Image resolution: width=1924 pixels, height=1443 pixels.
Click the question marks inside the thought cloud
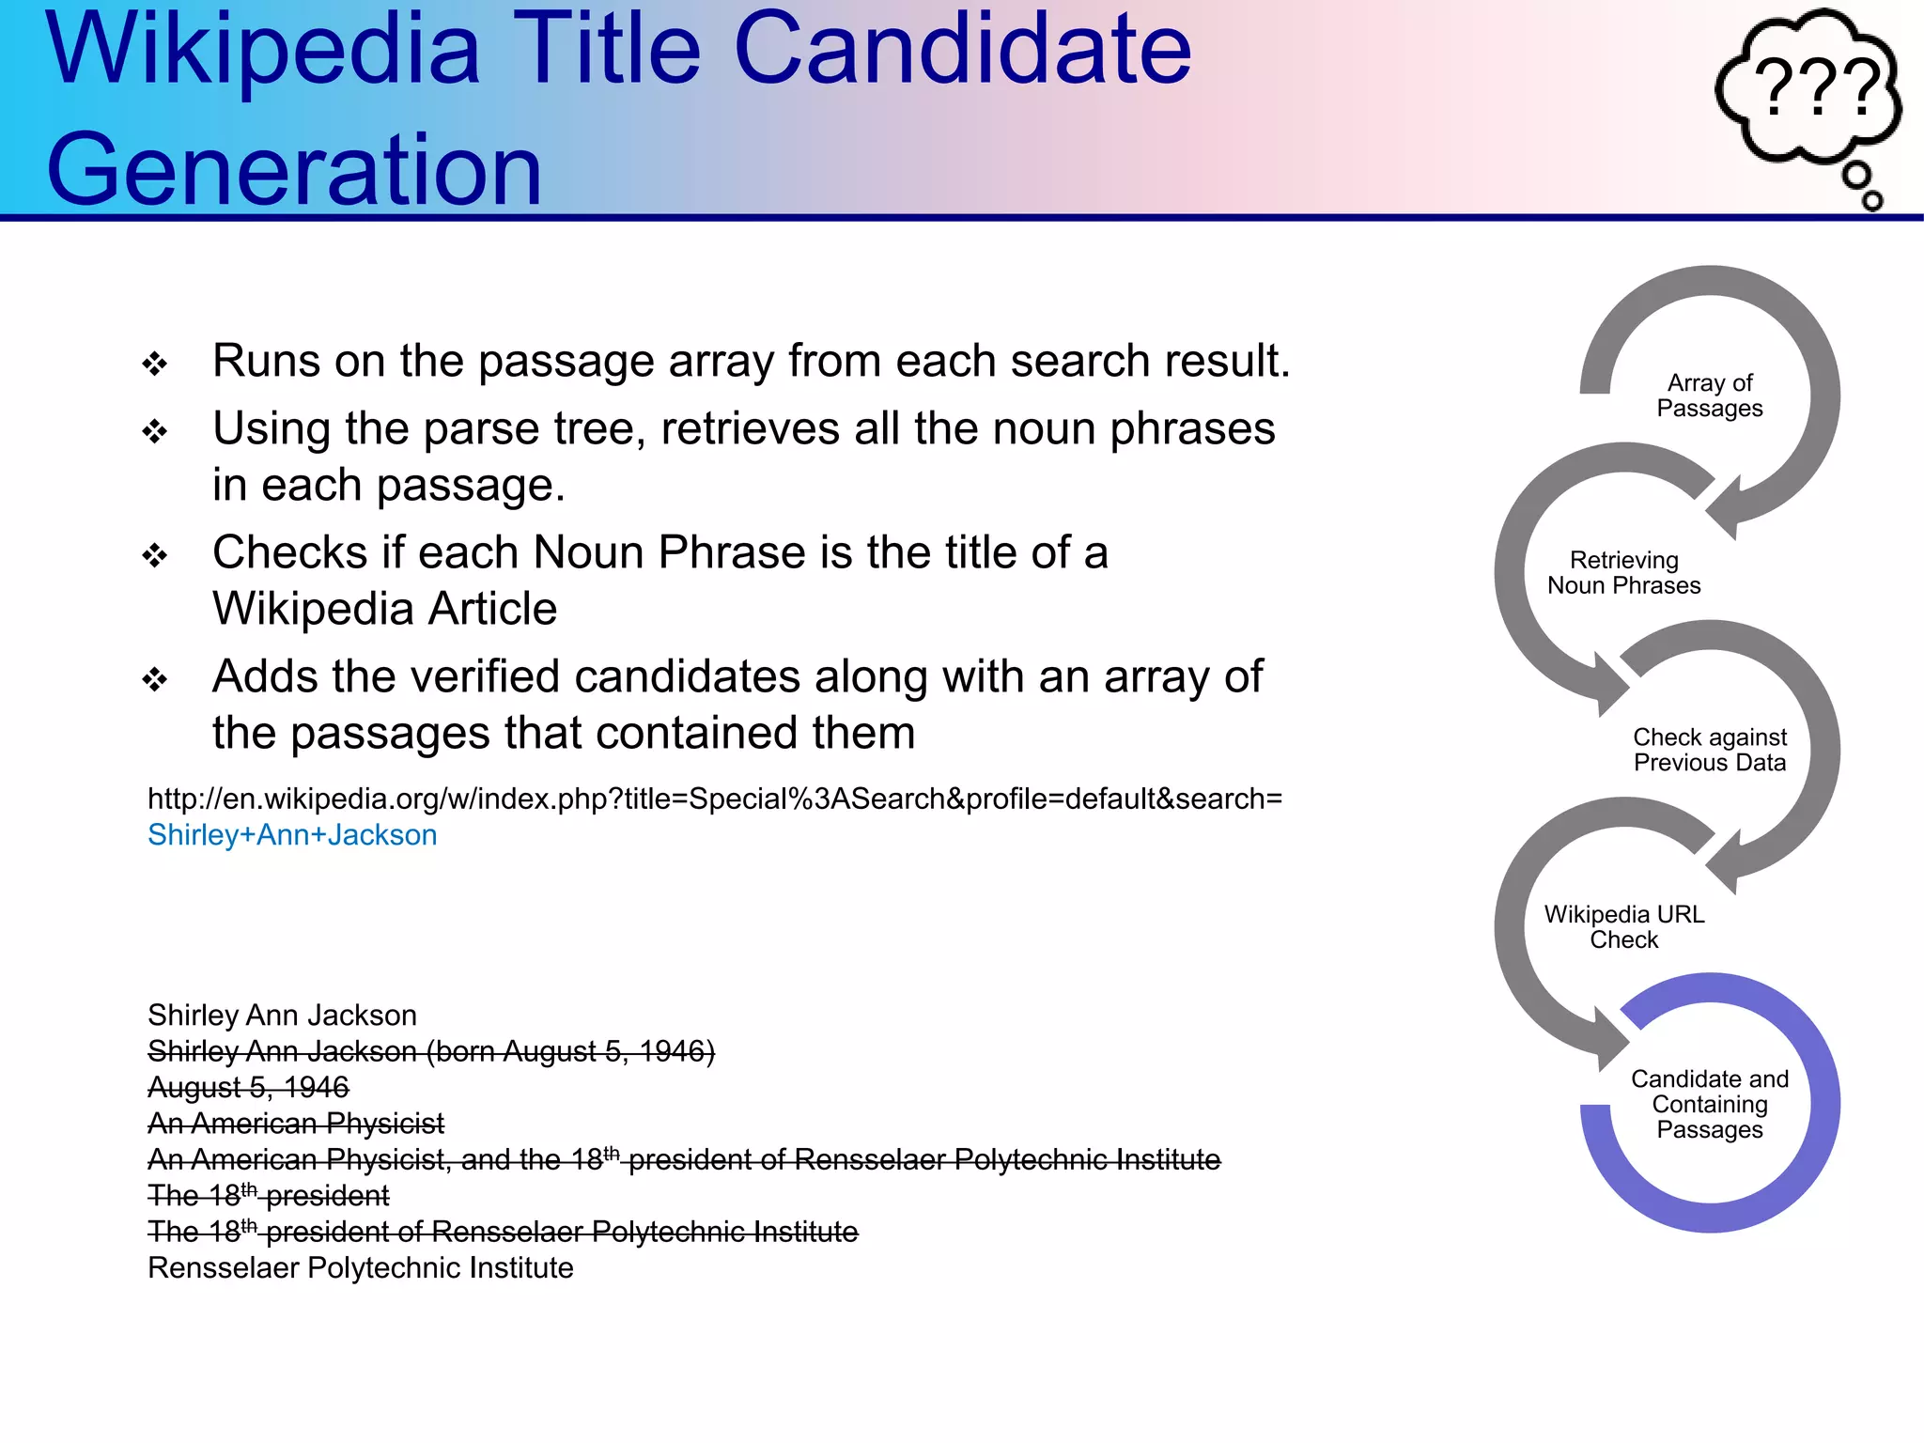coord(1818,86)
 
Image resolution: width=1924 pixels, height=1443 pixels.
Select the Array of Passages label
coord(1709,396)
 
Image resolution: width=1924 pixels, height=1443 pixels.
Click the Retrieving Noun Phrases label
coord(1623,573)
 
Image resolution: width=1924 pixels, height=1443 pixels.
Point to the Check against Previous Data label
coord(1709,750)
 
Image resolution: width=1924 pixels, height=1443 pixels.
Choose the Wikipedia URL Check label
coord(1623,927)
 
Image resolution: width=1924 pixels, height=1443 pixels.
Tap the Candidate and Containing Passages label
coord(1709,1104)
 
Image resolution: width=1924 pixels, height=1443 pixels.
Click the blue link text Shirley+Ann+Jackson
coord(292,835)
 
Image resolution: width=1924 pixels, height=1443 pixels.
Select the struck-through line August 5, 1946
coord(248,1088)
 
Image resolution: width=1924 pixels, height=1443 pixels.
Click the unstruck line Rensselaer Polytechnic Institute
coord(360,1268)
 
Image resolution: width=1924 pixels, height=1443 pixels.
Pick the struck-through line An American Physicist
coord(296,1124)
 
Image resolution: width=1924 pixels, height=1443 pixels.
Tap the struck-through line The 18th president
coord(268,1196)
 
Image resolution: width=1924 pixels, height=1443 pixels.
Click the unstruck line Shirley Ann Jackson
coord(282,1016)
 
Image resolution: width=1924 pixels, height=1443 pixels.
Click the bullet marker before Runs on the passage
coord(155,364)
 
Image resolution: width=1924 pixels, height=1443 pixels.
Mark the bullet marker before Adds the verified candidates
coord(155,679)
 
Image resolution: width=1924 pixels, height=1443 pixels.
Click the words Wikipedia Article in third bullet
coord(384,609)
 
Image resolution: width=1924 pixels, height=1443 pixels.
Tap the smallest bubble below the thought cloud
coord(1871,200)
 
